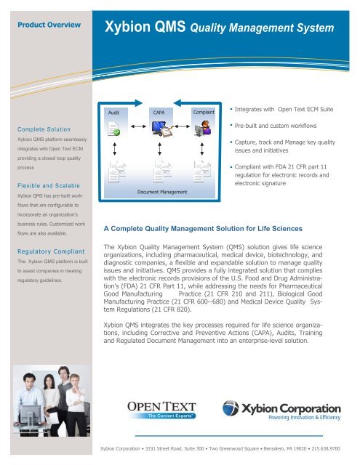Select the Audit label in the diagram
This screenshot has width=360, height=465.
coord(113,113)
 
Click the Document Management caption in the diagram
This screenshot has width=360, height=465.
coord(161,192)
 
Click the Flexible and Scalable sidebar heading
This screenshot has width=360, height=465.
coord(45,185)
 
